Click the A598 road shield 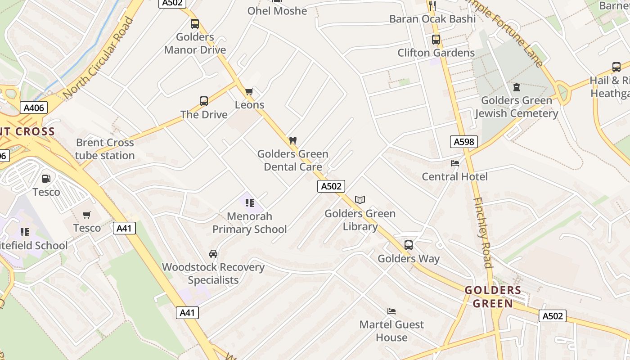pos(463,142)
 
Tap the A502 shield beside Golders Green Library pos(331,186)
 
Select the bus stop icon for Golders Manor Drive pos(195,24)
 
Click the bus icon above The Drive pos(204,101)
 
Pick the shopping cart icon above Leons pos(249,92)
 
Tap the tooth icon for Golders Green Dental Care pos(292,141)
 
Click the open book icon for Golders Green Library pos(360,200)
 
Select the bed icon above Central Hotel pos(455,163)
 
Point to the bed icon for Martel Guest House pos(391,311)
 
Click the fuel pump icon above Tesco pos(46,179)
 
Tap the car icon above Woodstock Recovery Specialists pos(213,254)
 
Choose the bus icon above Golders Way pos(409,245)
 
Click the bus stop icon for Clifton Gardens pos(436,40)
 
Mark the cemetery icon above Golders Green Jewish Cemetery pos(517,87)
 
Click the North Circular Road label pos(99,58)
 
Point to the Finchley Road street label pos(482,232)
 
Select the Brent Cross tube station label pos(105,149)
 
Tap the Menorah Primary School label pos(249,223)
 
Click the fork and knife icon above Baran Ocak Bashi pos(432,5)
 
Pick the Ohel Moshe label pos(277,11)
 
